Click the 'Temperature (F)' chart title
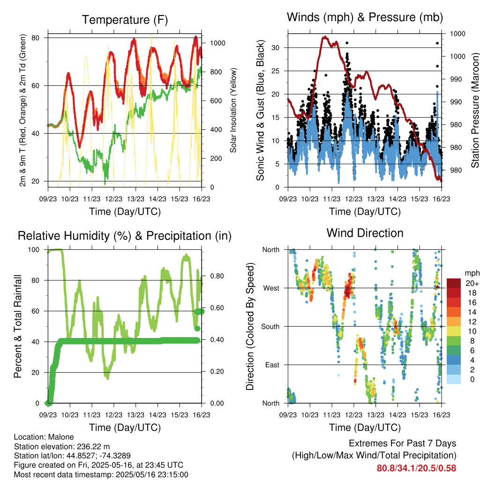[125, 20]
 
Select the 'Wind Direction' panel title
[365, 233]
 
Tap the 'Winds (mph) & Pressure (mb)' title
[365, 17]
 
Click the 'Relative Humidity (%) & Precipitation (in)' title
[125, 236]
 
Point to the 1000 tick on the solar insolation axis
[217, 43]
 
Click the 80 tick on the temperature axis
[36, 38]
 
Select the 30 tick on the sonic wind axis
[275, 48]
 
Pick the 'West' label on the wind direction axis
[271, 288]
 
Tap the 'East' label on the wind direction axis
[272, 365]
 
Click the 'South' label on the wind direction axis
[270, 327]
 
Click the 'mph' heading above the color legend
[472, 273]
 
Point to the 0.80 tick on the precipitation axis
[217, 276]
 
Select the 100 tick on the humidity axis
[34, 250]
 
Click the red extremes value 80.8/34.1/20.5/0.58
[416, 468]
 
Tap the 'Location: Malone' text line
[44, 437]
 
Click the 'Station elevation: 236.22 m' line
[62, 447]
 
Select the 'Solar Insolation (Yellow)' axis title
[233, 110]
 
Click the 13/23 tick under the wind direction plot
[375, 415]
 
